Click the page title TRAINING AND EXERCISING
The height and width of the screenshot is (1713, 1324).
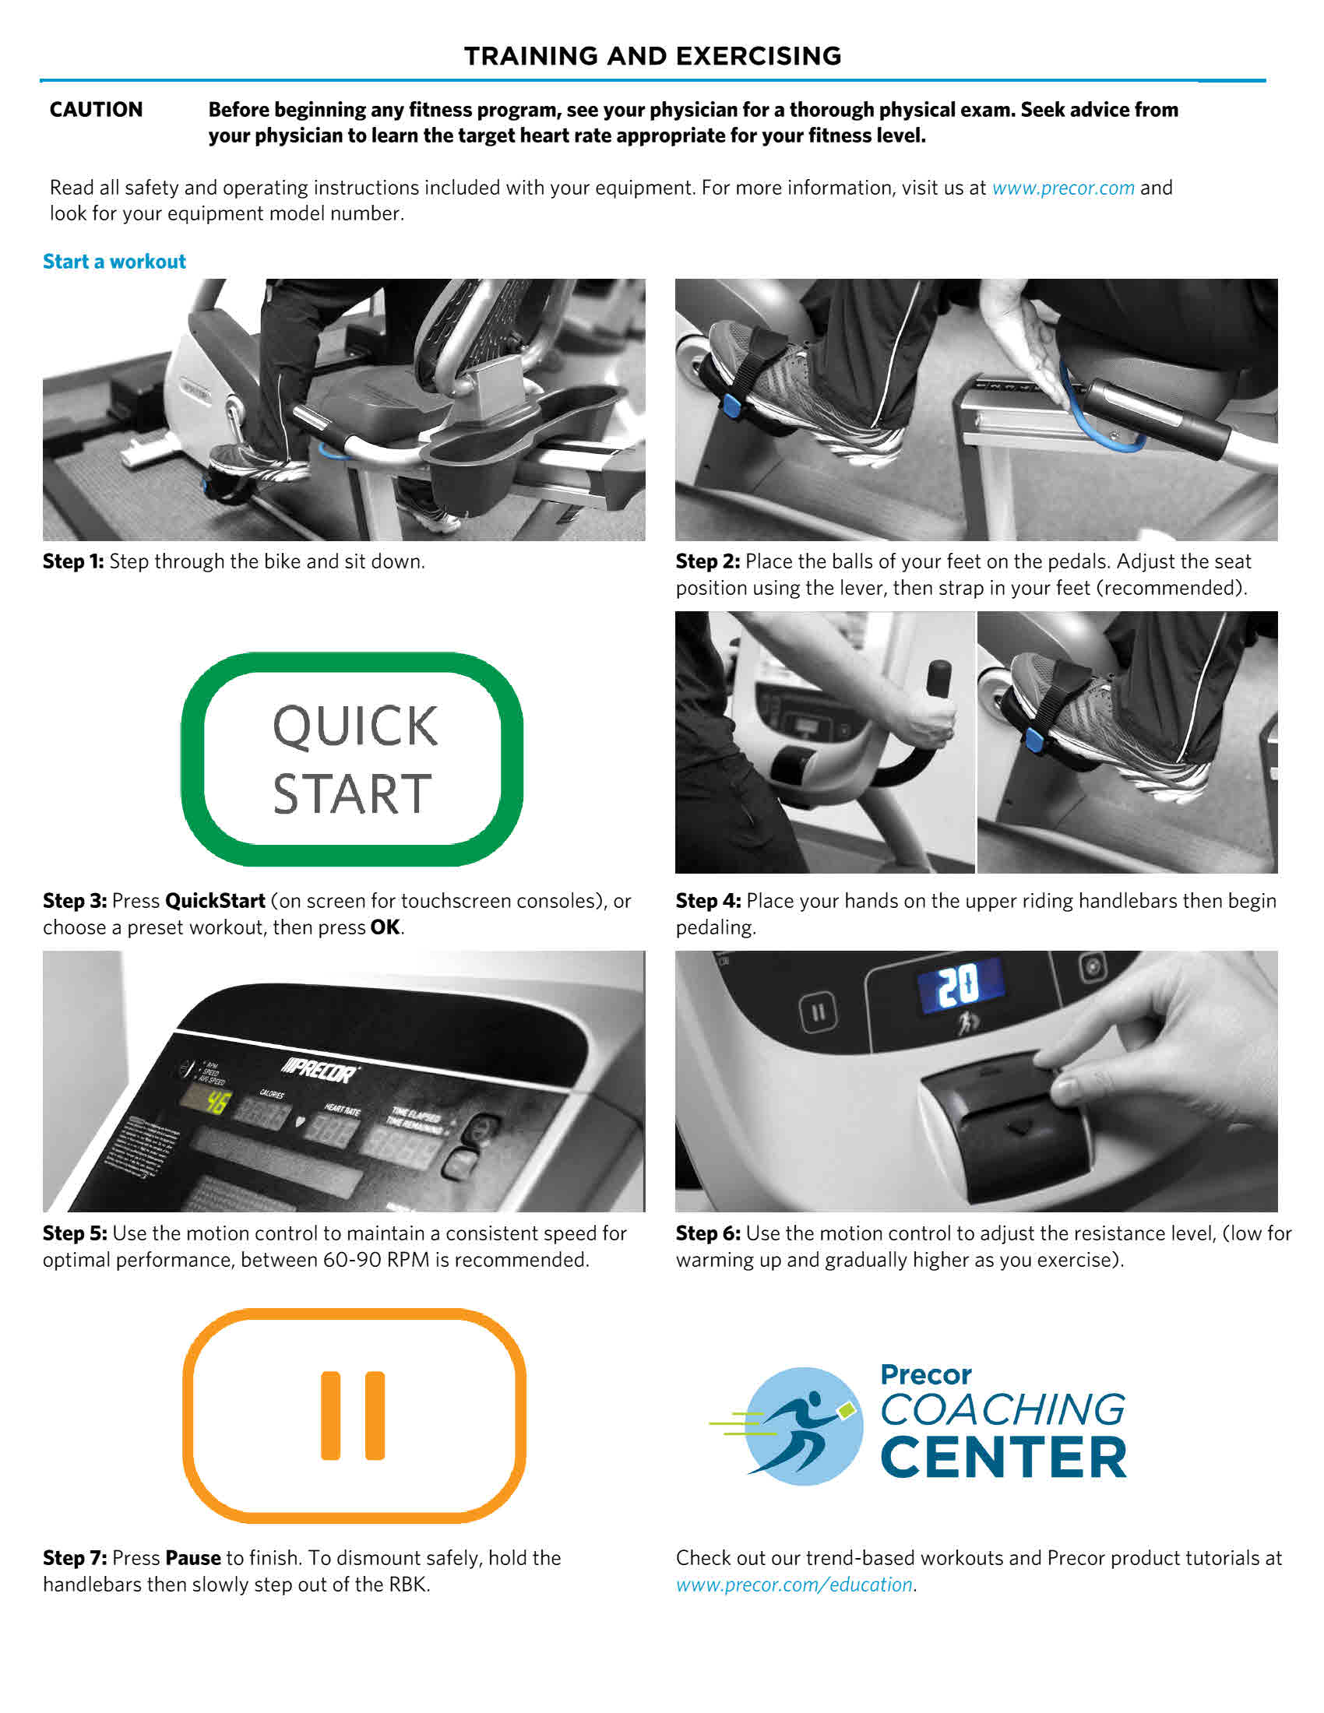652,57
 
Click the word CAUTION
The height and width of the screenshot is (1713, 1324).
96,110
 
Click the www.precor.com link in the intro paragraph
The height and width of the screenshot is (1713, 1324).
1063,188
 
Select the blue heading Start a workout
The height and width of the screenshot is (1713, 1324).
114,262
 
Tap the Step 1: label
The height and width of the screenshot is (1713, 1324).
73,561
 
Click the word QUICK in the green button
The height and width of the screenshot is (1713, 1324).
354,726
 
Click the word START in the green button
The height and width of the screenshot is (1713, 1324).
352,793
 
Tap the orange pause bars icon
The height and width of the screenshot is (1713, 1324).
353,1416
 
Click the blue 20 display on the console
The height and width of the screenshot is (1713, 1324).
960,985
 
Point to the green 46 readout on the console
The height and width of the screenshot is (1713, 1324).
216,1103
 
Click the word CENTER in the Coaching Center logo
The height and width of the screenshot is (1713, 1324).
1003,1458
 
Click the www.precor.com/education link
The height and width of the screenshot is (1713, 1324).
794,1585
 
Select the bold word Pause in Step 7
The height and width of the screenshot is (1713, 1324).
193,1559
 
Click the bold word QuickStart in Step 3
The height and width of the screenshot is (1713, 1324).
215,901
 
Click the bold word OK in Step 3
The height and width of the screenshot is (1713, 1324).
384,928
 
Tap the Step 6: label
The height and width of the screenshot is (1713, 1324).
707,1234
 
